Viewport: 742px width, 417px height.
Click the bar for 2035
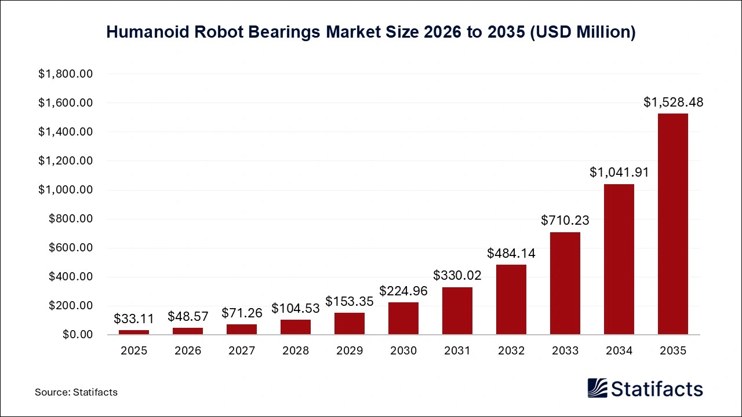672,224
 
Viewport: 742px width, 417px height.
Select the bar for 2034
619,259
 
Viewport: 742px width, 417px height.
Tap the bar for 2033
565,283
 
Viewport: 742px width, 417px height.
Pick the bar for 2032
511,299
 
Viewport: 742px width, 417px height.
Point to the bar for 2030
403,319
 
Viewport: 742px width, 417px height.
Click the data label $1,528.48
673,103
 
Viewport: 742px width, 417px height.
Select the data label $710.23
565,221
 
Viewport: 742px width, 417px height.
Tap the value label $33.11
134,319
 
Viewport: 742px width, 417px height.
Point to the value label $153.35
349,301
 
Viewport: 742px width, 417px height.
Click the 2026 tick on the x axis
188,351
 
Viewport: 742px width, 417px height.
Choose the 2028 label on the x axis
296,351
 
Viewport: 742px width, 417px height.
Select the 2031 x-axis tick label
457,351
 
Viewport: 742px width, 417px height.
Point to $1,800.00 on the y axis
66,74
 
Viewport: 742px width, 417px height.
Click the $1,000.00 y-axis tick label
66,190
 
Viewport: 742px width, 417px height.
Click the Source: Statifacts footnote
76,392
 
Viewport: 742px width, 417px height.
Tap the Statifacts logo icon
597,388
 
